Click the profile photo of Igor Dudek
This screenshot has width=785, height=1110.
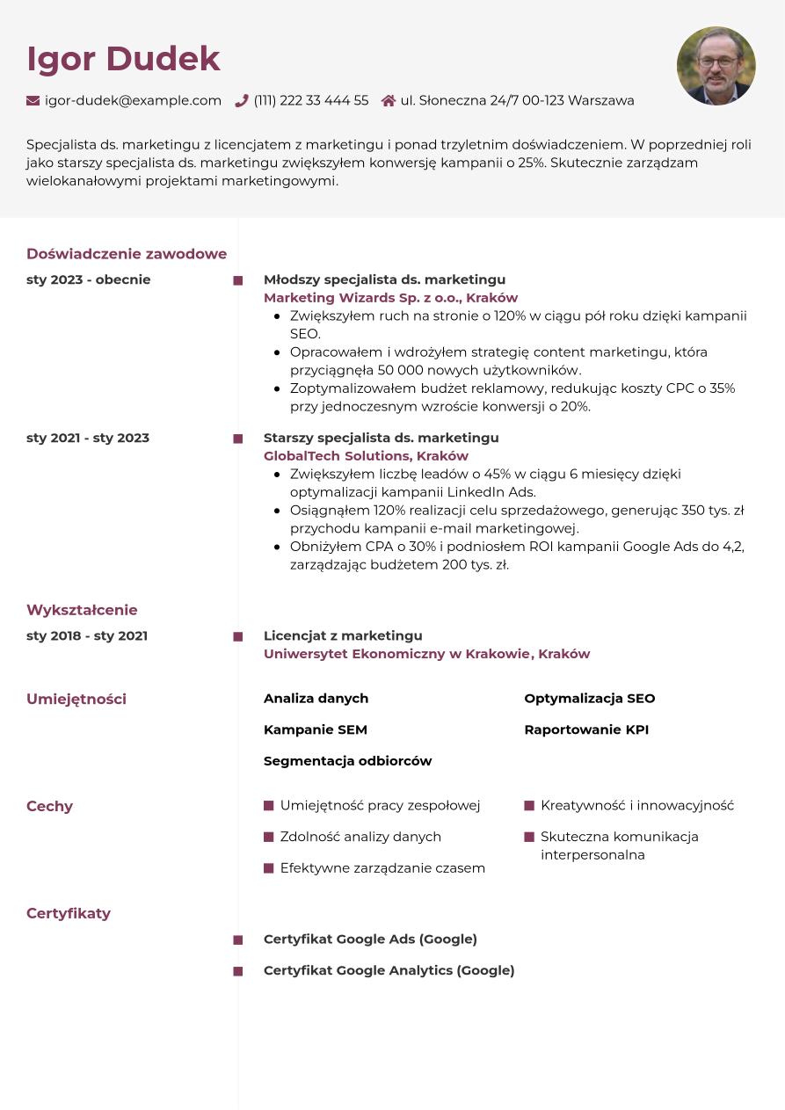716,66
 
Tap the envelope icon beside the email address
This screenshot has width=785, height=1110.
33,101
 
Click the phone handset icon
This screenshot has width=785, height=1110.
242,101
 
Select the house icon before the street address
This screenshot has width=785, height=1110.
389,101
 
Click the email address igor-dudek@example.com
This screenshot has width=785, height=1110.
133,101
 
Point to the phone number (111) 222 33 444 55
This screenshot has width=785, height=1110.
311,101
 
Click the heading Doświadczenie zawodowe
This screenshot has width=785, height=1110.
127,254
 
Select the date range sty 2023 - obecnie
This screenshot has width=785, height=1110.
89,279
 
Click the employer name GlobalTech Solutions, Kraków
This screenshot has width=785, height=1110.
366,456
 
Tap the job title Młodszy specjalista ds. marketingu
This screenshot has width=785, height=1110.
384,279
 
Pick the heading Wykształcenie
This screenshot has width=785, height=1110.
82,610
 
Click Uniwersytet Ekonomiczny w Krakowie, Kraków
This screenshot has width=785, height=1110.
426,654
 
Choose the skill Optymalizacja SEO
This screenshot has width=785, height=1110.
589,699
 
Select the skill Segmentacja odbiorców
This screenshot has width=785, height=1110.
347,761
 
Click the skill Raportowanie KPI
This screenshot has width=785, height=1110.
586,729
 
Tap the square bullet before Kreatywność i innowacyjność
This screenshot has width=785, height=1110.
529,806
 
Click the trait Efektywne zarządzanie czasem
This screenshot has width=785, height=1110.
382,868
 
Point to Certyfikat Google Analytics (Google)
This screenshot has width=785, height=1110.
389,970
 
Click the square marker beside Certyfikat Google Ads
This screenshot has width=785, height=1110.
238,940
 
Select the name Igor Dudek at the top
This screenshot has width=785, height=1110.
123,59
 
